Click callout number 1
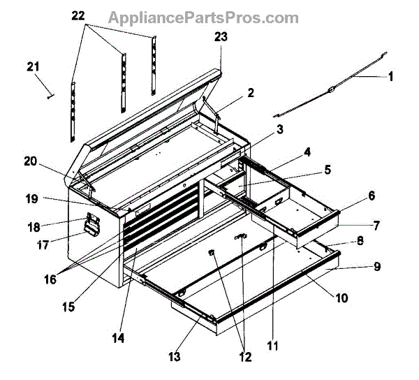pos(390,78)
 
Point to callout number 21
pos(33,66)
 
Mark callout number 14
pos(119,338)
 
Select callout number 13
pos(172,357)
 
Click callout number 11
pos(272,344)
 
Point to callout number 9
pos(376,266)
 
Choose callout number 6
pos(372,196)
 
